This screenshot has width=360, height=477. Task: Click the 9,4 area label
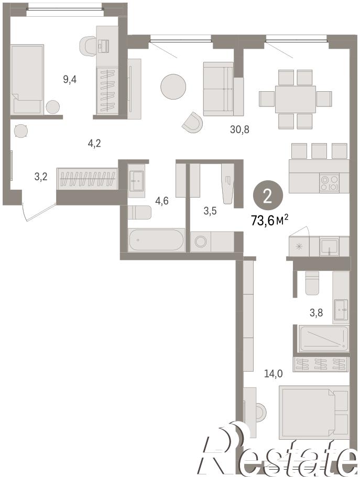click(70, 80)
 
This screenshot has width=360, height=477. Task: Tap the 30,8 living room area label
click(239, 129)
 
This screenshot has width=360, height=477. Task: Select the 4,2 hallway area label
click(94, 143)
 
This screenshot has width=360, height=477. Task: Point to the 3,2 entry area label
click(41, 177)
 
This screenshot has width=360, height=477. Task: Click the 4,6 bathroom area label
click(162, 201)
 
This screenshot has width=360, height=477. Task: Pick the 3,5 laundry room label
click(210, 211)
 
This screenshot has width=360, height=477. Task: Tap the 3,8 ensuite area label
click(316, 312)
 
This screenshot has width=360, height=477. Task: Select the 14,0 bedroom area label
click(274, 374)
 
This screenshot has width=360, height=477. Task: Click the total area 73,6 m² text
click(269, 220)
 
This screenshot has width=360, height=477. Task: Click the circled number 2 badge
click(268, 197)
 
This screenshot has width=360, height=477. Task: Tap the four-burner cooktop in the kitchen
click(329, 183)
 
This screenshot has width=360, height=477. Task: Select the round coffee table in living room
click(173, 86)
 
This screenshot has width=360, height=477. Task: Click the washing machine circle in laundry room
click(201, 242)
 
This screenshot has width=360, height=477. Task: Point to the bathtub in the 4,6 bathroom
click(156, 240)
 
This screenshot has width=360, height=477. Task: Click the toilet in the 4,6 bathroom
click(139, 213)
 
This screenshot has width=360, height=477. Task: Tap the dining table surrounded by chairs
click(296, 99)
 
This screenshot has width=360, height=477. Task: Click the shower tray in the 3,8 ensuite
click(324, 338)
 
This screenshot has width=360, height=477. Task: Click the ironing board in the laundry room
click(228, 184)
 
